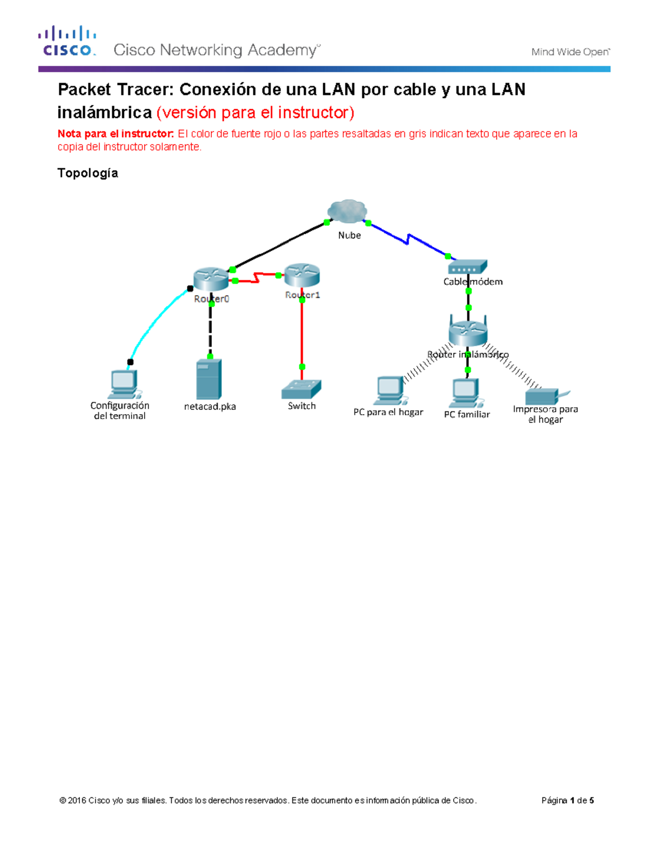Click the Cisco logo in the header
(x=67, y=41)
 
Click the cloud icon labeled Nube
(x=347, y=211)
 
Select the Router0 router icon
(x=211, y=279)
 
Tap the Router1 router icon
(x=302, y=275)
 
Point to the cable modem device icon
(x=467, y=267)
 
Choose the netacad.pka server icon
(x=209, y=379)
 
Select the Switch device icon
(x=302, y=389)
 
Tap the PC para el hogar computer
(x=390, y=390)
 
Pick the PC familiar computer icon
(x=466, y=392)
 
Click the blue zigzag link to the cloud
(x=407, y=239)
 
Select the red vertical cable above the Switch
(x=302, y=334)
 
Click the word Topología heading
(x=87, y=173)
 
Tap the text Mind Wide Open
(x=570, y=52)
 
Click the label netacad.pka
(x=210, y=407)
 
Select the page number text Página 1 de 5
(x=567, y=801)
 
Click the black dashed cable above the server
(x=210, y=330)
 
